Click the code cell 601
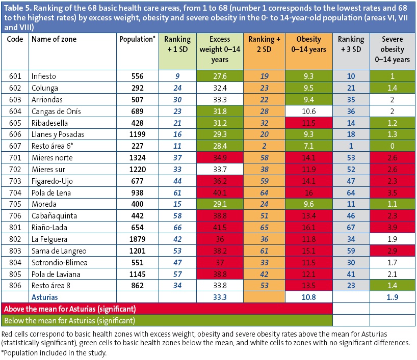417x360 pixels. point(15,76)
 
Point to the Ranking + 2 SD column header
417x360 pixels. point(264,44)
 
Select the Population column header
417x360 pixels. point(137,39)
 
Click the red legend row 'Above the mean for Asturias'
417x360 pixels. point(167,309)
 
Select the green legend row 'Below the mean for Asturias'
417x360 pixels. point(167,321)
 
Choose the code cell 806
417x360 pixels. point(15,286)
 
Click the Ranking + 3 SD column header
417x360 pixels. point(351,44)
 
